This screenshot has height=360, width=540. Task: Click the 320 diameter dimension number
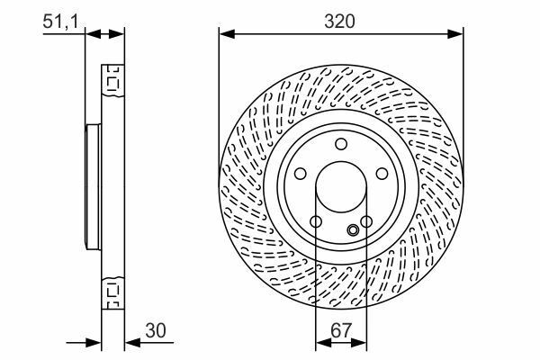[341, 21]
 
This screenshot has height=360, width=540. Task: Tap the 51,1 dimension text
[59, 21]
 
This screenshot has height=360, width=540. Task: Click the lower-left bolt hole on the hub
[315, 222]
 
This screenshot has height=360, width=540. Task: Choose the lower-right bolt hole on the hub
[366, 222]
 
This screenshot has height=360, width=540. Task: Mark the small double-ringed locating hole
[353, 229]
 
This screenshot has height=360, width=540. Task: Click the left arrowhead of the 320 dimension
[225, 34]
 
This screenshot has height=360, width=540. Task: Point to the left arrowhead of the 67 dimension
[321, 343]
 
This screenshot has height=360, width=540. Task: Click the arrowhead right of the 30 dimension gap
[131, 343]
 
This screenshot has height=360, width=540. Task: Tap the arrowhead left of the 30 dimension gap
[94, 343]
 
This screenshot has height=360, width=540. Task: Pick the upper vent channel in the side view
[113, 84]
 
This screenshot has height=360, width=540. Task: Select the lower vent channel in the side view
[113, 291]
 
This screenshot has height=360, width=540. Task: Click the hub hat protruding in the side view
[93, 187]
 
